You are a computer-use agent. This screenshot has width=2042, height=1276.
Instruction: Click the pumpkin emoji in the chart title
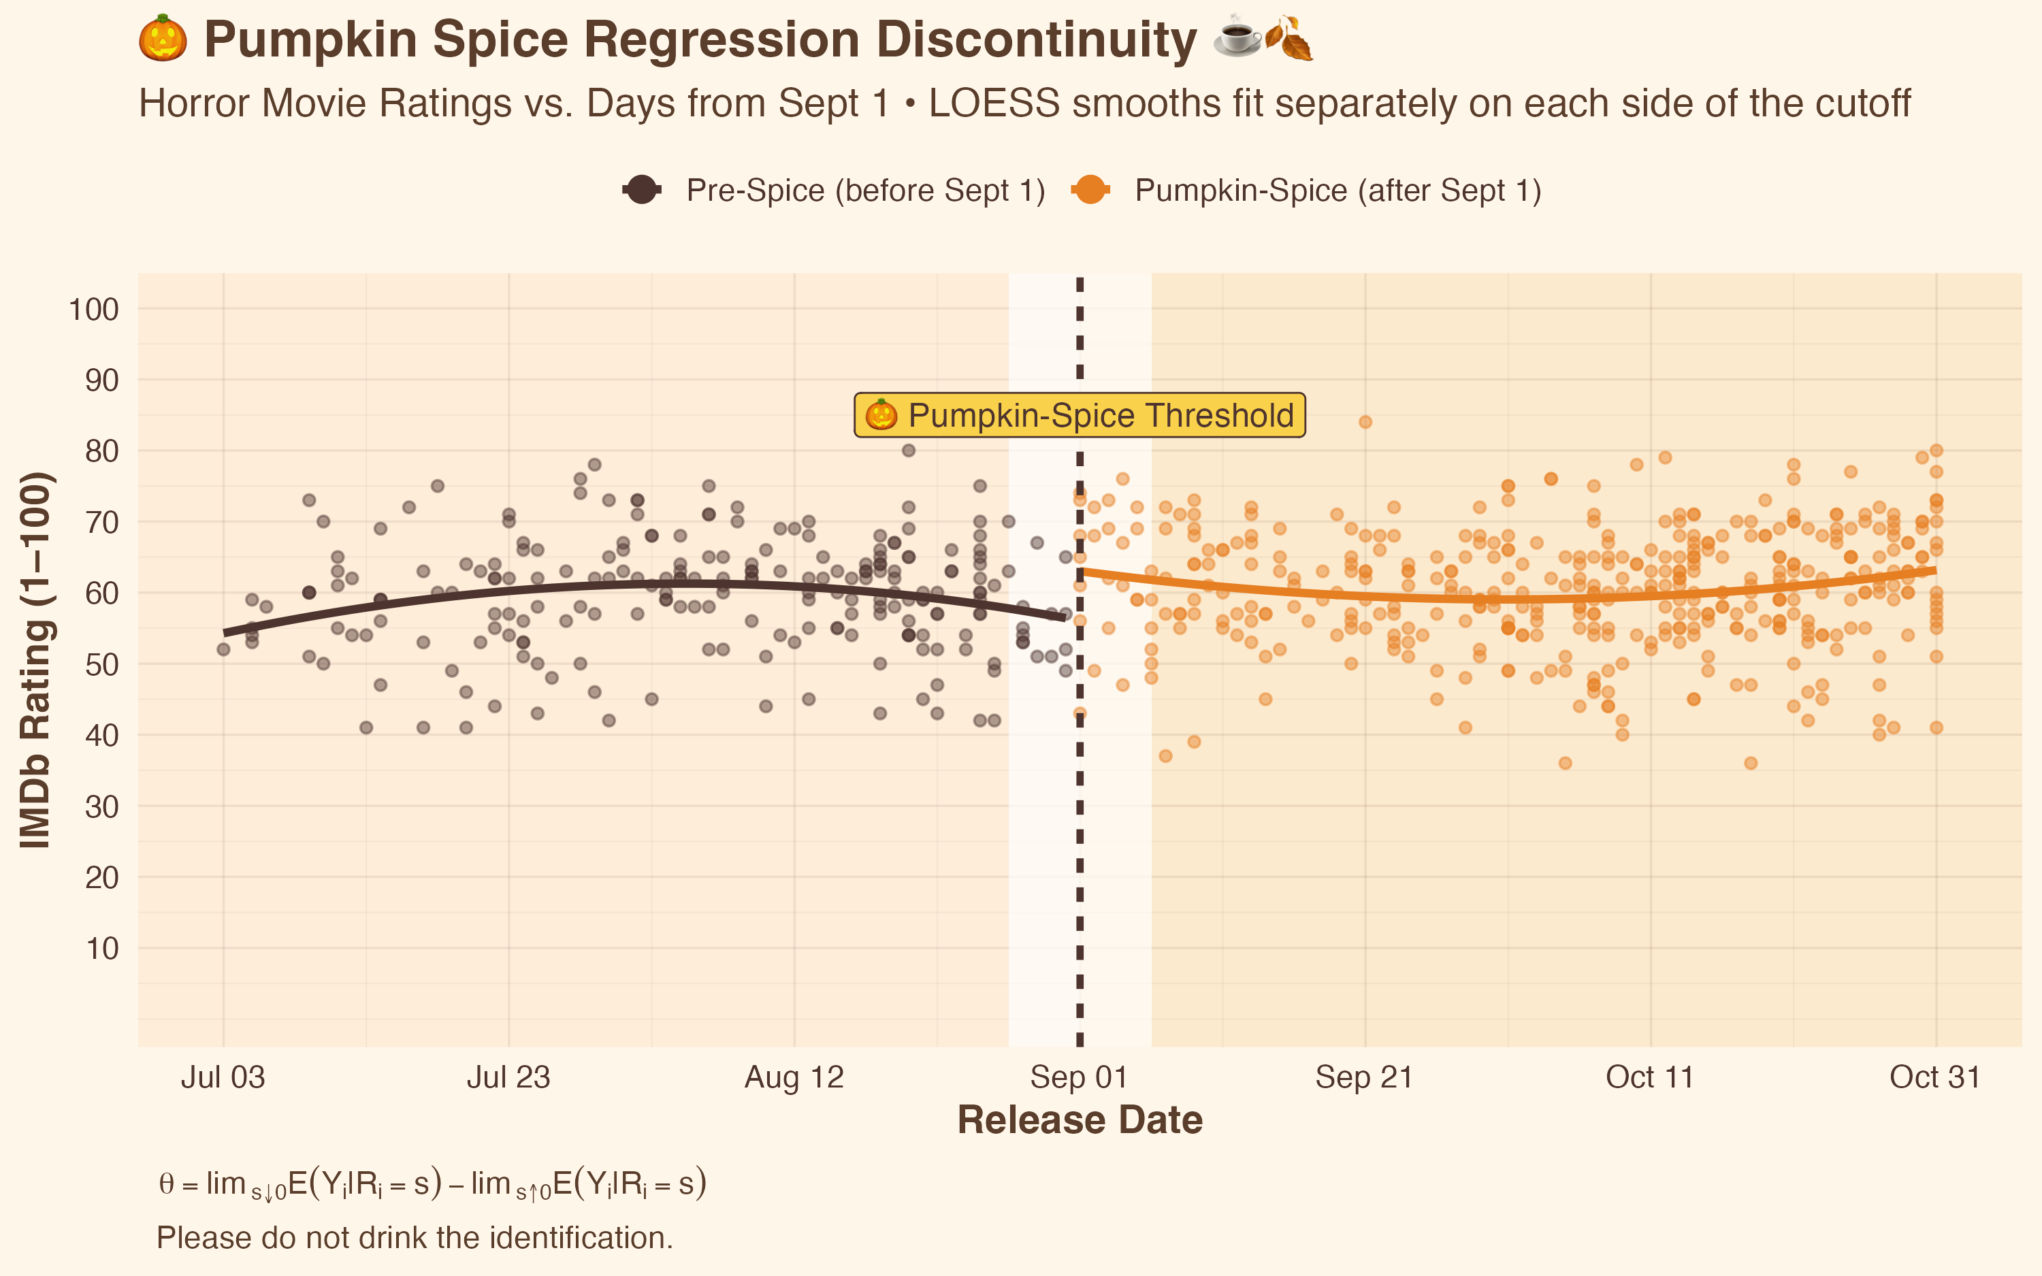point(162,39)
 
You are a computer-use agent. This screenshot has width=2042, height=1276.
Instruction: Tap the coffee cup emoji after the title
point(1237,37)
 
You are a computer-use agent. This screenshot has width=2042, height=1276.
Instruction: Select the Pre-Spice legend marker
point(642,190)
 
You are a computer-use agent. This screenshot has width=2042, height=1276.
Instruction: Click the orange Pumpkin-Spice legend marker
point(1091,190)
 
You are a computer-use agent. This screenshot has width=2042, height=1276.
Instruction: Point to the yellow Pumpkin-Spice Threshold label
point(1080,415)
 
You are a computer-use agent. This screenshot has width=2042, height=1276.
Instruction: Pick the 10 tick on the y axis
point(102,949)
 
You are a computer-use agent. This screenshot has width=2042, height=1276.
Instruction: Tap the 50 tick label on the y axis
point(102,664)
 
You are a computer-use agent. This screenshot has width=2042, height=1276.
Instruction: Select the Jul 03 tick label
point(223,1078)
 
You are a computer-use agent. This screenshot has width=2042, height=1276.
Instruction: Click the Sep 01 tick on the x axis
point(1080,1078)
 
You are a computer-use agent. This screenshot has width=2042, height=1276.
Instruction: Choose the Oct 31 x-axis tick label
point(1935,1078)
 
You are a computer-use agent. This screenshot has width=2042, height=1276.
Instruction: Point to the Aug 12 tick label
point(794,1078)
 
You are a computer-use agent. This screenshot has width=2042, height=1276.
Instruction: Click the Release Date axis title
point(1080,1121)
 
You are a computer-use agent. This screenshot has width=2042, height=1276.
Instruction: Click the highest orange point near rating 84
point(1365,422)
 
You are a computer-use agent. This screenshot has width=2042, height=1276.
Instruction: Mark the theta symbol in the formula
point(166,1184)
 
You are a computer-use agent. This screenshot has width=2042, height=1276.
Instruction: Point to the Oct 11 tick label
point(1650,1078)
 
